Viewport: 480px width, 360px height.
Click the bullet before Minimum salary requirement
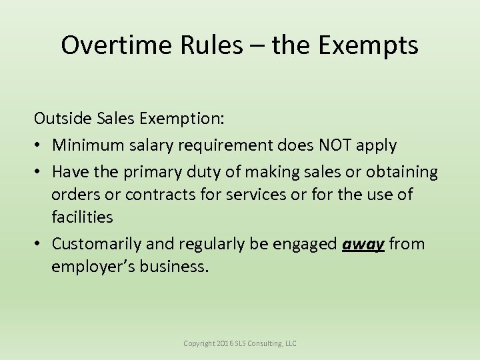click(38, 145)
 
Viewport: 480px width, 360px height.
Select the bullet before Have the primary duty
click(38, 173)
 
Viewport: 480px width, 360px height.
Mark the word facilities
click(82, 217)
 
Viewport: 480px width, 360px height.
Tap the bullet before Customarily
click(38, 244)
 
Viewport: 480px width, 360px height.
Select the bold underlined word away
click(363, 244)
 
